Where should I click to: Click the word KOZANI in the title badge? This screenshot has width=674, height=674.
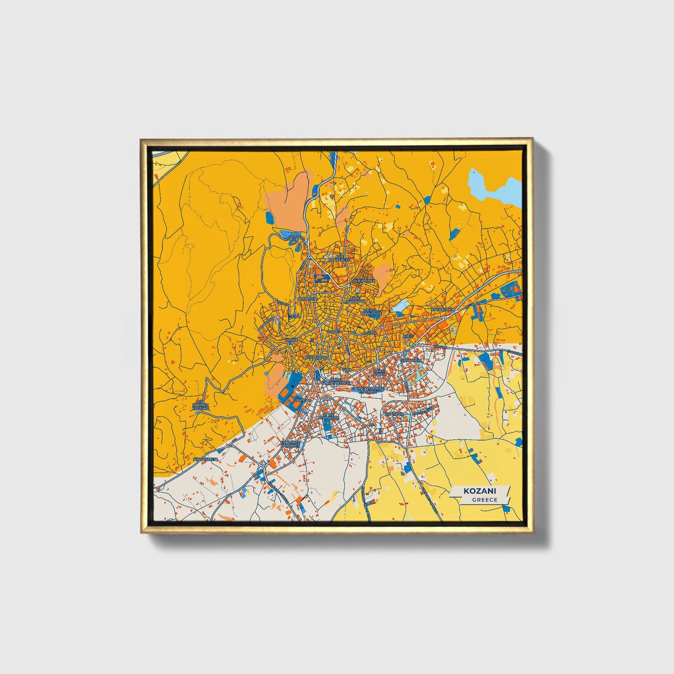479,491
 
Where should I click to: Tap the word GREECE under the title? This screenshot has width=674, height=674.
484,500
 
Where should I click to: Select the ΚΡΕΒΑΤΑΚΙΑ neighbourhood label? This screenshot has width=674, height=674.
443,309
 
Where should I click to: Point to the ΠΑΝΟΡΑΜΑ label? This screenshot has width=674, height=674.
411,361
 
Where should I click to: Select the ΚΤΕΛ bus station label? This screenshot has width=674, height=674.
407,335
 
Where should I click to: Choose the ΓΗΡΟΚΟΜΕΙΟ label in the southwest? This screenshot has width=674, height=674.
206,459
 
